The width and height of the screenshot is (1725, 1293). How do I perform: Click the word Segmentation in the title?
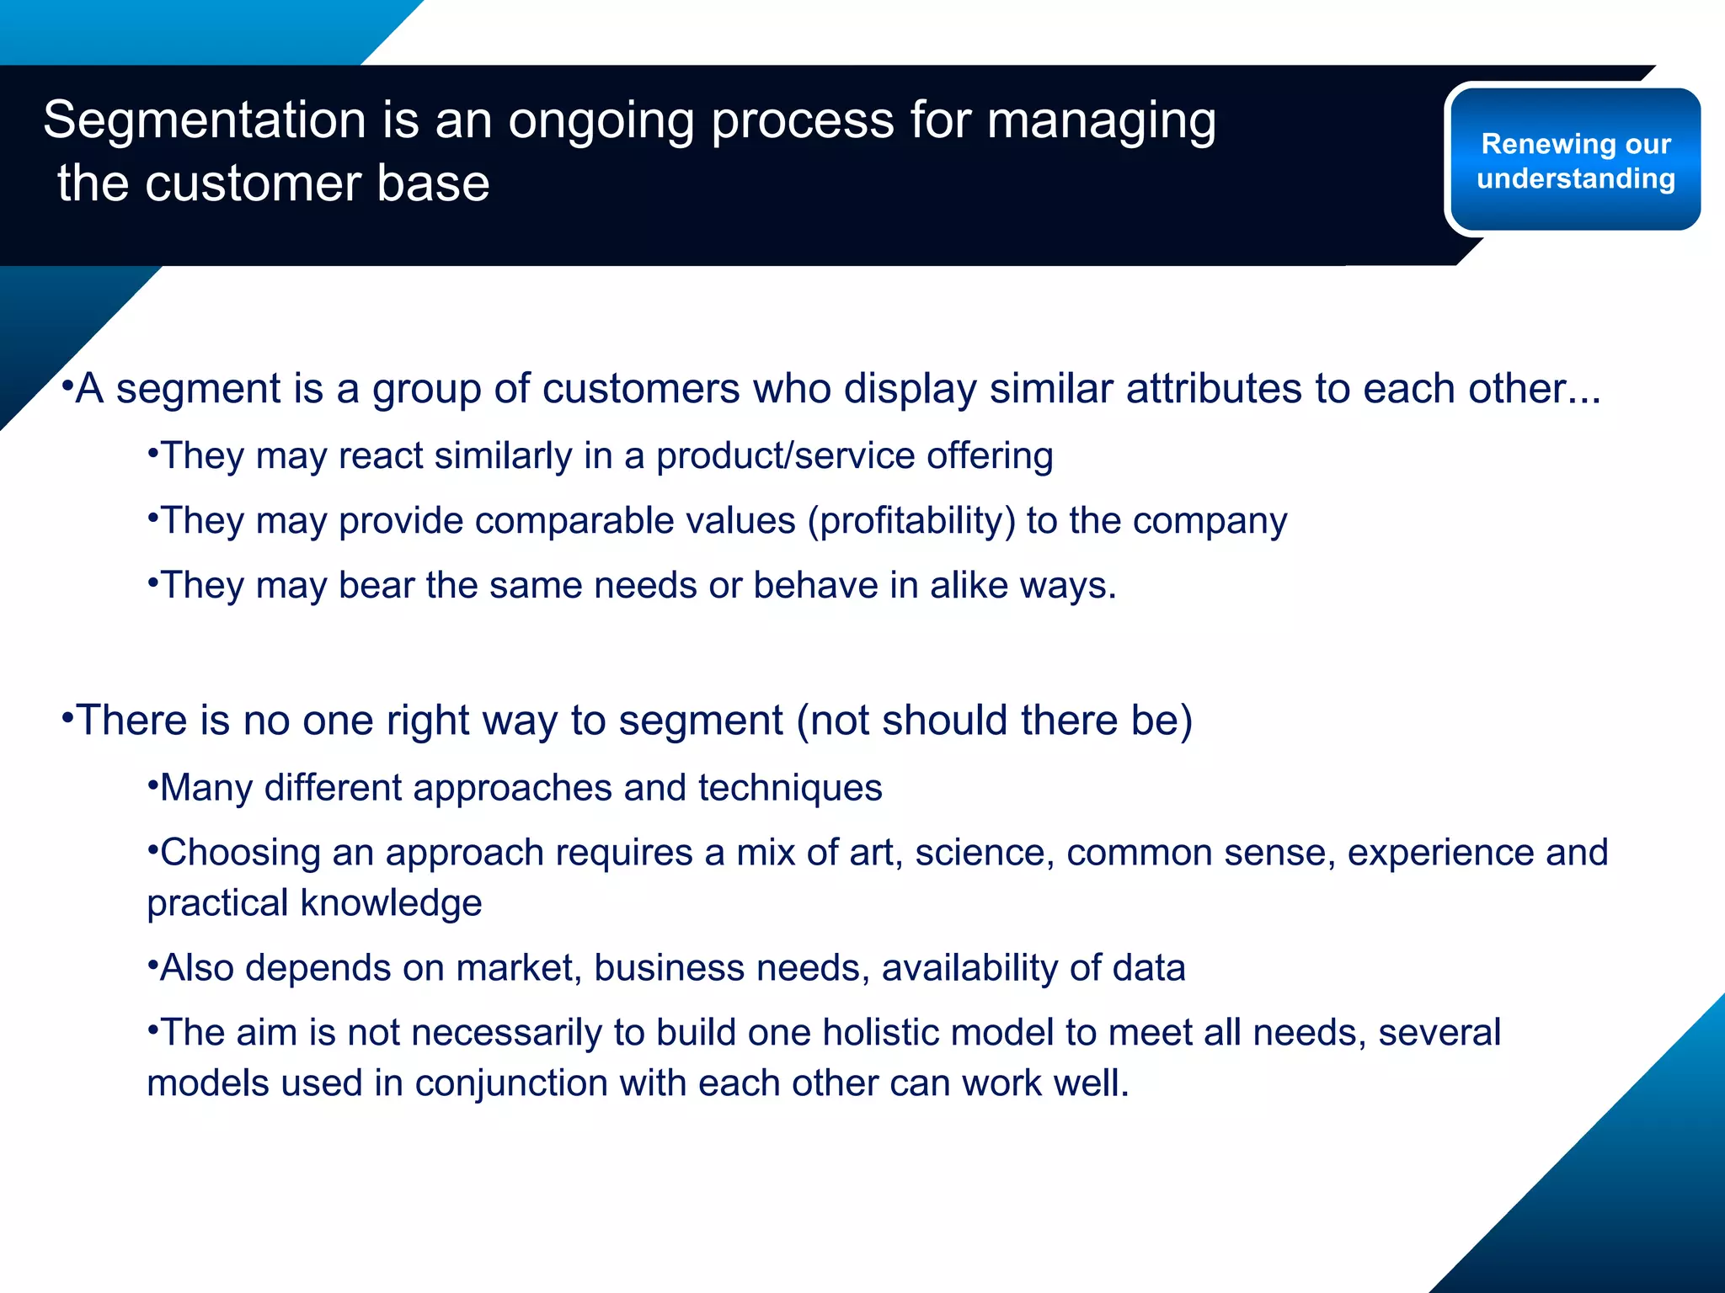click(x=205, y=120)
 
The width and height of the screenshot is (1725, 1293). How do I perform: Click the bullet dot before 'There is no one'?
click(x=68, y=717)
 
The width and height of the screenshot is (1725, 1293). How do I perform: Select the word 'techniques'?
click(x=789, y=788)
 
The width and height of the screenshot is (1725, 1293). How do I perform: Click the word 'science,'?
click(x=984, y=853)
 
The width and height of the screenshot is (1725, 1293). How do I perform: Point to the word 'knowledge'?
click(x=391, y=903)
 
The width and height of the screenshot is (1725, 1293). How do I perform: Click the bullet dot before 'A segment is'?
click(x=67, y=386)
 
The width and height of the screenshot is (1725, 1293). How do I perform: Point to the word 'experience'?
click(x=1439, y=853)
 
